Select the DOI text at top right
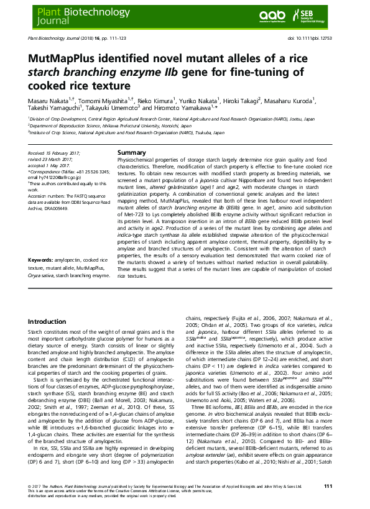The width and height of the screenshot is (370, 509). point(318,39)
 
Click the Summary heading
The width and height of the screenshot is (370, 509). point(131,153)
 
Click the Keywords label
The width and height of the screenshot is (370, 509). point(42,276)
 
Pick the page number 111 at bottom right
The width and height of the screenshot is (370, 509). point(336,485)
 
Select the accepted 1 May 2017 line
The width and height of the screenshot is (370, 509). point(49,164)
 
